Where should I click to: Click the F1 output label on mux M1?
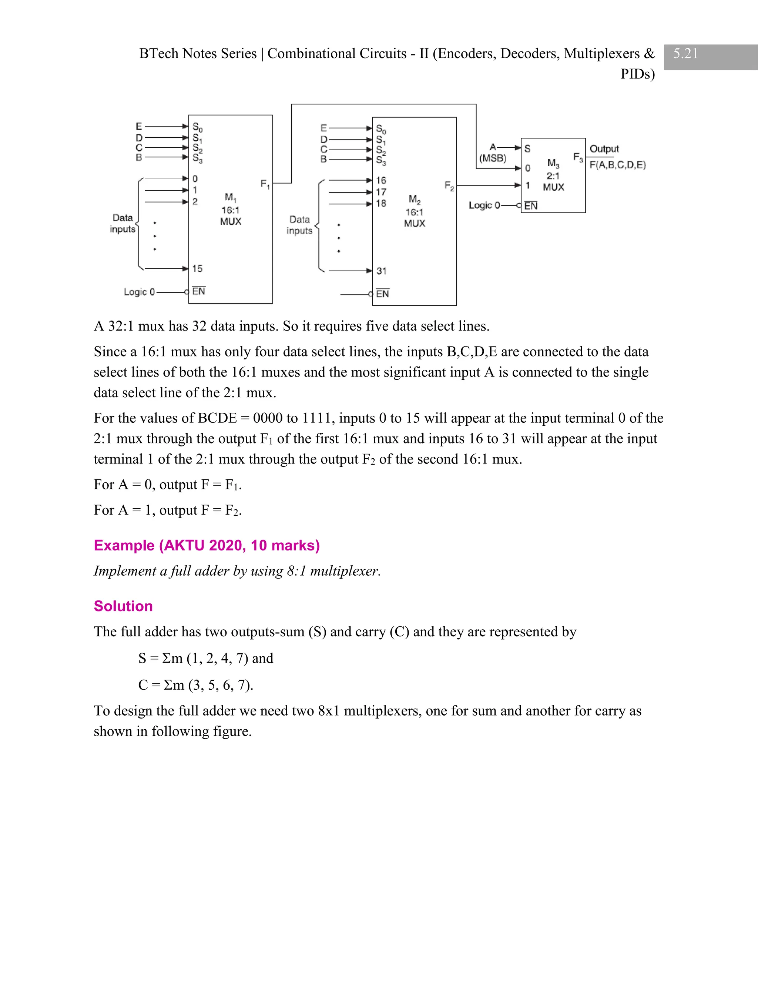[x=265, y=184]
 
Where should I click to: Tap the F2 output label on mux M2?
[x=449, y=186]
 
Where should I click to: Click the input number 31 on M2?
[x=381, y=271]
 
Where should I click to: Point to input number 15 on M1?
[x=197, y=269]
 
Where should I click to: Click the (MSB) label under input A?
[x=493, y=158]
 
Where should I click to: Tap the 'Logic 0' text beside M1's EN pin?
[x=139, y=292]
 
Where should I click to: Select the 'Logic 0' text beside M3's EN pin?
[x=484, y=205]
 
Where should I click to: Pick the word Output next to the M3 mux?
[x=604, y=149]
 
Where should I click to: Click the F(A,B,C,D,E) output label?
[x=617, y=165]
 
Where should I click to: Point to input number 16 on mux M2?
[x=381, y=181]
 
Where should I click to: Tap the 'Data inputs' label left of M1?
[x=123, y=223]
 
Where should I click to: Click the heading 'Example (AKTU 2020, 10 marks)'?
[x=207, y=545]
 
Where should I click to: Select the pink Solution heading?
[x=123, y=606]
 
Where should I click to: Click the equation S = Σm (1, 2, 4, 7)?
[x=206, y=659]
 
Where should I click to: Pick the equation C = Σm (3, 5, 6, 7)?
[x=196, y=685]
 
